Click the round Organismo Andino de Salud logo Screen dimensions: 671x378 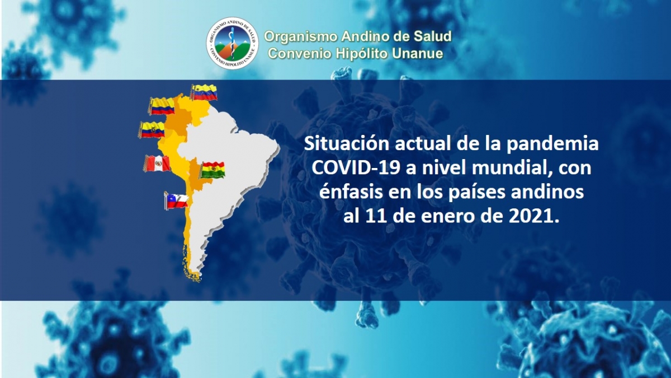233,43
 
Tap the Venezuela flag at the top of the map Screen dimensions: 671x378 204,92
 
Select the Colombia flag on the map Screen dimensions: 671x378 162,106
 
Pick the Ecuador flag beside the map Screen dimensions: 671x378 152,129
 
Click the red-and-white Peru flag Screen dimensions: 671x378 157,164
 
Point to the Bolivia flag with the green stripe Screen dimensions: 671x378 212,170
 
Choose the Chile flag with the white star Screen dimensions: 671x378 176,200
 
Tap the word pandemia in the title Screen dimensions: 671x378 552,145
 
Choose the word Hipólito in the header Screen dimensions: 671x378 362,54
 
